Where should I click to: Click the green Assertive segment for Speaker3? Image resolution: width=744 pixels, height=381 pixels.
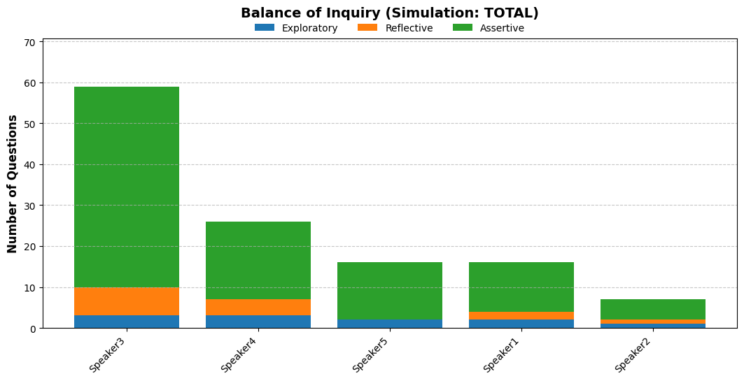point(127,187)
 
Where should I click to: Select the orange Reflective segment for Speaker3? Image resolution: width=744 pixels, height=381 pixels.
point(127,301)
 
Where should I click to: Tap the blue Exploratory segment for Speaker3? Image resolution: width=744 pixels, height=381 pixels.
point(127,322)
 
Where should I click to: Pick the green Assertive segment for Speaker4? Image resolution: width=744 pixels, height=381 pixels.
point(258,261)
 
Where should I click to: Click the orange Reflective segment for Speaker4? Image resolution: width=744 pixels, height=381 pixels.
point(258,308)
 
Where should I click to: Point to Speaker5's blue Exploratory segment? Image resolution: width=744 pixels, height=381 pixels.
point(390,324)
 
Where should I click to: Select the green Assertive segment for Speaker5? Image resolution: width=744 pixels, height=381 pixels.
point(390,291)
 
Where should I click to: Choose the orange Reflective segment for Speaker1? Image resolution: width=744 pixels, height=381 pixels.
point(521,315)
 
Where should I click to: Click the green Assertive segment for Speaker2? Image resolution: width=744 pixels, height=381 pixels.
point(653,310)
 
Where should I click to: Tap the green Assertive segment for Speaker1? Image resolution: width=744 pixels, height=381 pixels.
point(521,287)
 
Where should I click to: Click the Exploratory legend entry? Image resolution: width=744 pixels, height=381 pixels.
point(296,28)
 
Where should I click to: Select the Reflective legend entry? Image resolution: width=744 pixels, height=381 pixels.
point(395,28)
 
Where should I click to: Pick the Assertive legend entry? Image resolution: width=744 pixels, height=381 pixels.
point(489,28)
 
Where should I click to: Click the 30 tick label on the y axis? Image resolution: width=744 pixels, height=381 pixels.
point(29,206)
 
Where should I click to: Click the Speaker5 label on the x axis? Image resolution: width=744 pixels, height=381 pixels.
point(370,354)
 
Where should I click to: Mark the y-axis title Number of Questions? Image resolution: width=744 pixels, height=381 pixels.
point(13,184)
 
